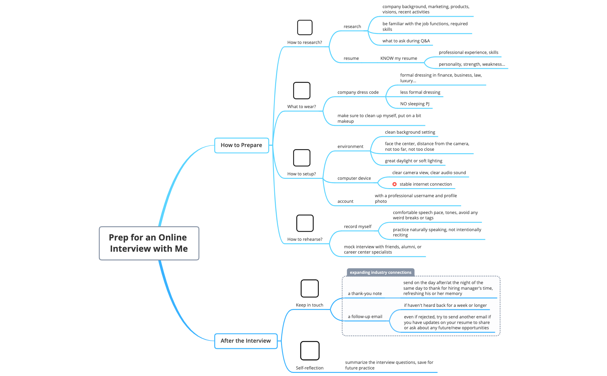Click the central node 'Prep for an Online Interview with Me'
point(149,243)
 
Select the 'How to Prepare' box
point(241,145)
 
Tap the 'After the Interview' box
point(246,341)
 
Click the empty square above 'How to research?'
point(304,27)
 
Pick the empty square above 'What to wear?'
point(302,90)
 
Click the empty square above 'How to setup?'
point(302,158)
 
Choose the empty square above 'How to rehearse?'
point(305,223)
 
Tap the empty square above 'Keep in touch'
point(309,288)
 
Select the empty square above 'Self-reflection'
point(309,350)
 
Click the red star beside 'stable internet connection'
point(394,184)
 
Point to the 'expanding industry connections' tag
point(380,272)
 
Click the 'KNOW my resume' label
point(398,58)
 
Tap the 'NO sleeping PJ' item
point(415,104)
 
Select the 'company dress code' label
point(358,92)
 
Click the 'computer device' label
point(354,178)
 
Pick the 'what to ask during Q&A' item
point(406,41)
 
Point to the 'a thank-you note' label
point(365,293)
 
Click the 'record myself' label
point(357,226)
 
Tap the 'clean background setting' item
point(410,132)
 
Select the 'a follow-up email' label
point(365,317)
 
